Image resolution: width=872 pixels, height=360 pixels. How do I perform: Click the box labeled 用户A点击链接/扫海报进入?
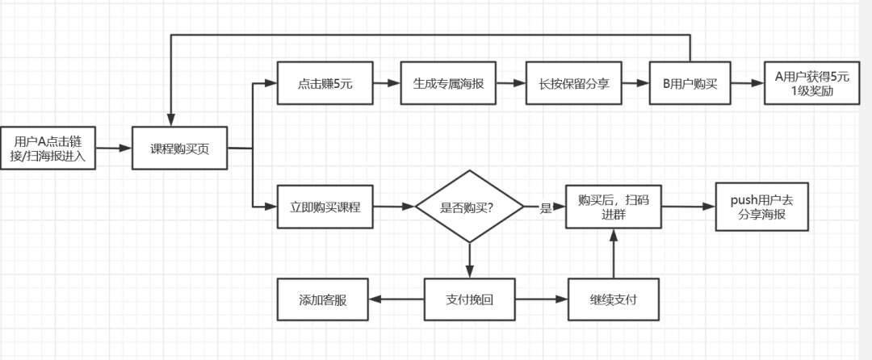pos(48,149)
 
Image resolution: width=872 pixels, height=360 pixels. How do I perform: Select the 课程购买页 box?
pos(179,149)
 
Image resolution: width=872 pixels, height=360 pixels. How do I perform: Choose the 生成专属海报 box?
pos(448,83)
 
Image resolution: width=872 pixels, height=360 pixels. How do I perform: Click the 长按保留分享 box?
pos(573,83)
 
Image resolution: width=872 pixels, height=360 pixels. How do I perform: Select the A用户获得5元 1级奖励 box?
pos(810,83)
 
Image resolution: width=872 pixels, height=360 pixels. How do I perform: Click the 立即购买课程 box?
pos(325,207)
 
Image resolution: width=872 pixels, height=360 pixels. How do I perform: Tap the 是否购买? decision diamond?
pos(469,207)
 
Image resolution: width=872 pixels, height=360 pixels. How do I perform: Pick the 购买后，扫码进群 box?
pos(613,207)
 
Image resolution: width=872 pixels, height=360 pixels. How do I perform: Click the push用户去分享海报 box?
pos(761,207)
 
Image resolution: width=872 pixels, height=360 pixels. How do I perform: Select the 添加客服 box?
pos(322,299)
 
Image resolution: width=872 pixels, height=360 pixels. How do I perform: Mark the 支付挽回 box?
pos(469,299)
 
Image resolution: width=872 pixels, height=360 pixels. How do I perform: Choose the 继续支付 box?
pos(613,299)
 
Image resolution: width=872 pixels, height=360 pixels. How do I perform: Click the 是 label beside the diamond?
pos(545,207)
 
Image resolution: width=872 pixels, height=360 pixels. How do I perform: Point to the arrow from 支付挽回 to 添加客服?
pos(396,299)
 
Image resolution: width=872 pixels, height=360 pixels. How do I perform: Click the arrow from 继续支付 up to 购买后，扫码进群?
pos(613,254)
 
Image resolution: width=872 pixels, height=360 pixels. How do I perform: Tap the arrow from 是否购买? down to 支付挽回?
pos(469,260)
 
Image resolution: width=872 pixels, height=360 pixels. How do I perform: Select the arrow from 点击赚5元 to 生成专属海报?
pos(386,83)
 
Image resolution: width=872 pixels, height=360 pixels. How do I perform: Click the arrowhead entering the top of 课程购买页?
pos(170,119)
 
